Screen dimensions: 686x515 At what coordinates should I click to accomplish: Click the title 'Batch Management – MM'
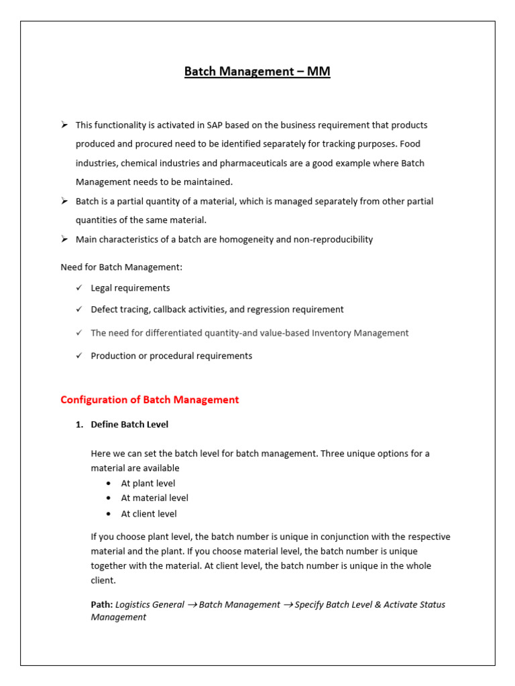257,71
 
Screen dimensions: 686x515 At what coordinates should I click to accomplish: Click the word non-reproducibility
333,239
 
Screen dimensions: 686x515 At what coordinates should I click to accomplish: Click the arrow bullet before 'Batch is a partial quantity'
64,201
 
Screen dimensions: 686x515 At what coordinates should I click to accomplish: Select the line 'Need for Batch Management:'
121,267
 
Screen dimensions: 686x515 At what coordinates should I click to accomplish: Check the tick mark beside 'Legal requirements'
79,288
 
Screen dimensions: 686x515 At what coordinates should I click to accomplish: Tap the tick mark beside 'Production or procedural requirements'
79,356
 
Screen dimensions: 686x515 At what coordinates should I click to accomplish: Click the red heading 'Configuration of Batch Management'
150,400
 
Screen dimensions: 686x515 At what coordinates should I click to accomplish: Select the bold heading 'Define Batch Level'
129,425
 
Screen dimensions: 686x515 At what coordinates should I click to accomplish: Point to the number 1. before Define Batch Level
79,425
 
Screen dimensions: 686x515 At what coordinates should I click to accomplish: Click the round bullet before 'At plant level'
109,484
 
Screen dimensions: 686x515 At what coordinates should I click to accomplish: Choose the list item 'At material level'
154,498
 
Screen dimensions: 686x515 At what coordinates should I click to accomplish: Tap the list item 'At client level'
149,514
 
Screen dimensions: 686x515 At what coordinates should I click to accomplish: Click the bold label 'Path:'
102,604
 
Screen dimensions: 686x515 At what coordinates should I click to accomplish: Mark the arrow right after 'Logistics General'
192,605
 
